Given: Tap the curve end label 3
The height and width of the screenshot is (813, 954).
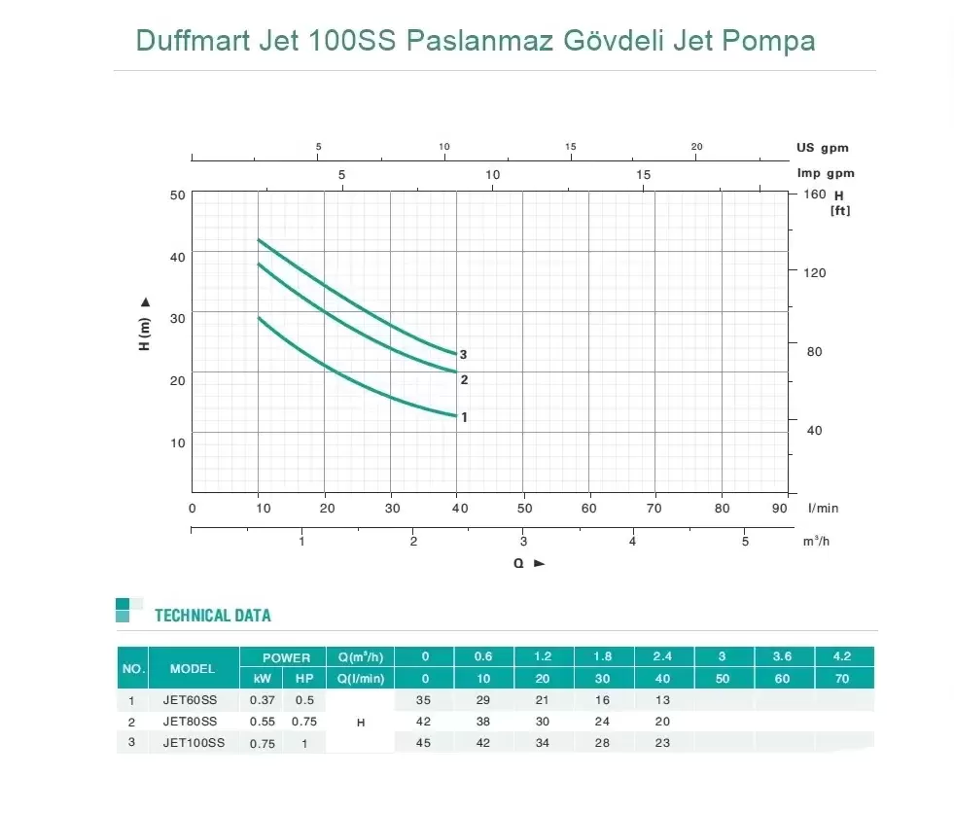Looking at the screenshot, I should (x=464, y=355).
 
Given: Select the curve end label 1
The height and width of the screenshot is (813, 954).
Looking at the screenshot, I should (x=464, y=417).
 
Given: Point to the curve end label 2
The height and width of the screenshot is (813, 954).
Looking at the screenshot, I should (x=464, y=380).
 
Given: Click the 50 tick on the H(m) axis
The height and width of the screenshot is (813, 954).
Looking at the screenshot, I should (x=177, y=194).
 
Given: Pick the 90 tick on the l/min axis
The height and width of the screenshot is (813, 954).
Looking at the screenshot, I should (x=780, y=508).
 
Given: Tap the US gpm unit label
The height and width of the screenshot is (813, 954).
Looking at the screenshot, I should (x=823, y=148).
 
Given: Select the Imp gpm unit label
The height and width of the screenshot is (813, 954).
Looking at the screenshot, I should (x=825, y=173).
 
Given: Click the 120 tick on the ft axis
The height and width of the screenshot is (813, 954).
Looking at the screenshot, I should (x=815, y=273).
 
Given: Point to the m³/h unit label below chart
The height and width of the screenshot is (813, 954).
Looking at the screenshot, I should (x=816, y=541).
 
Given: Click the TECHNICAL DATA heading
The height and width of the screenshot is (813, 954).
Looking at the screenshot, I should (x=213, y=616).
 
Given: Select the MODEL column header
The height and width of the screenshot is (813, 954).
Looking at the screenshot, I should (x=193, y=669).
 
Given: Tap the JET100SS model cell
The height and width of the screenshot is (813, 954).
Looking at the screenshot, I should (x=193, y=743).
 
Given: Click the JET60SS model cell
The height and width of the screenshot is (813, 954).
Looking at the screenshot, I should (x=189, y=700).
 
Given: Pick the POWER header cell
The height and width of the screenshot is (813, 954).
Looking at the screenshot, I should (x=286, y=658).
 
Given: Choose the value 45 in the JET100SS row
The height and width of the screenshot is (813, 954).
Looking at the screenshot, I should (x=423, y=743).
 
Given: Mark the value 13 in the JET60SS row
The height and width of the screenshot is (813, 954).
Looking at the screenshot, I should (x=662, y=700).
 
